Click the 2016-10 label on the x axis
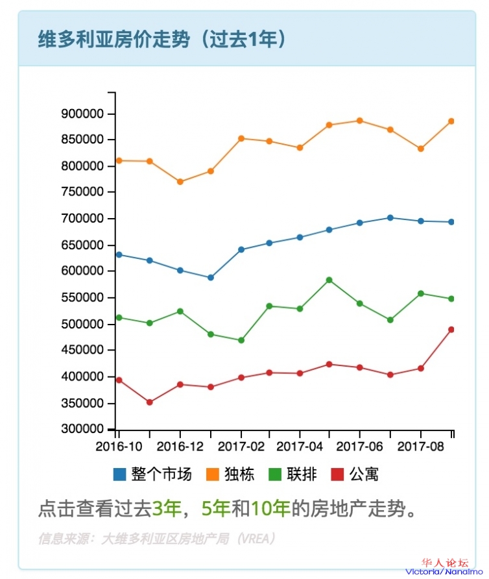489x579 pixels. [119, 447]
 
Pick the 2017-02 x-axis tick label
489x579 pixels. [241, 447]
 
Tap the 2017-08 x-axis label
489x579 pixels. [420, 447]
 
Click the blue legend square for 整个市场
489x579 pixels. [119, 474]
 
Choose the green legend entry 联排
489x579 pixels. [293, 474]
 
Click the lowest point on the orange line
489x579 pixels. [180, 182]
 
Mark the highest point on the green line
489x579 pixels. [329, 280]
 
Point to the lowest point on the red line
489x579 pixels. [150, 402]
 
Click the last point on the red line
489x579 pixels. [451, 330]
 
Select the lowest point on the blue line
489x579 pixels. [210, 278]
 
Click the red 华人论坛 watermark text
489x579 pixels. [445, 563]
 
